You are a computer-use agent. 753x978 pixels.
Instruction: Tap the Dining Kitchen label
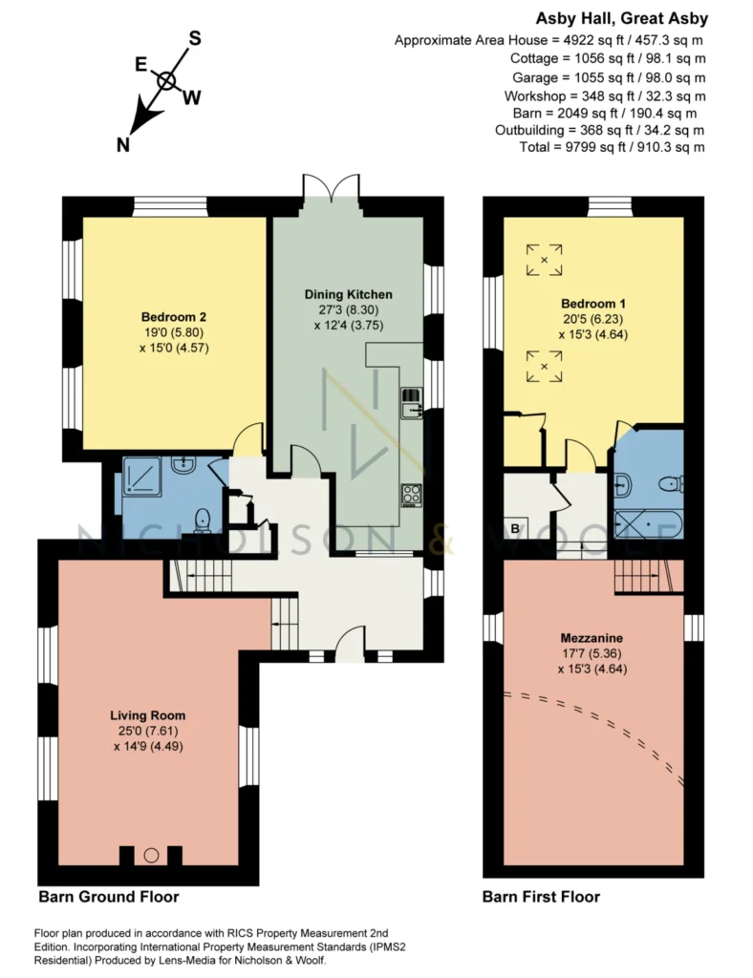(x=348, y=294)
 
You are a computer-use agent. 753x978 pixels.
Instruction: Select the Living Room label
(x=148, y=715)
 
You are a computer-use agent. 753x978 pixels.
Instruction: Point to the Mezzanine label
(x=592, y=638)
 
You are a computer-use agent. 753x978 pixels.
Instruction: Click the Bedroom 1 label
(x=593, y=304)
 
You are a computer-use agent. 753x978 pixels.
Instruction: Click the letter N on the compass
(x=123, y=145)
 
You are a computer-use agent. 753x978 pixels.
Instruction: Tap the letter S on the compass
(x=195, y=38)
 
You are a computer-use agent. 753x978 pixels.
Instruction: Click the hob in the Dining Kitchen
(x=412, y=496)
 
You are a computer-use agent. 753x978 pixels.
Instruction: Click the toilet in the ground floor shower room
(x=203, y=521)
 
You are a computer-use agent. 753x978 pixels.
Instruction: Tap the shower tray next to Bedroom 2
(x=142, y=477)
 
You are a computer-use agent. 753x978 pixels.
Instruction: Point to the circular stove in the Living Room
(x=151, y=855)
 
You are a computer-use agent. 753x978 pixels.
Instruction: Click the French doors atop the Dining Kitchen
(x=331, y=187)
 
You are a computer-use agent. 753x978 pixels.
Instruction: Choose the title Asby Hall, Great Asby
(x=622, y=18)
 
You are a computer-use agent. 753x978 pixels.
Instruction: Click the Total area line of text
(x=612, y=147)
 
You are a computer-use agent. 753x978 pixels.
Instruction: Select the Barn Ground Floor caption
(x=109, y=897)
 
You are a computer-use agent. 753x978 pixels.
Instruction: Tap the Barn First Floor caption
(x=541, y=897)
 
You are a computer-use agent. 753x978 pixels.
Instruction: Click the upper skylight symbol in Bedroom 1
(x=544, y=260)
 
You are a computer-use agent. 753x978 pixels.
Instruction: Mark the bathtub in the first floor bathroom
(x=649, y=524)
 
